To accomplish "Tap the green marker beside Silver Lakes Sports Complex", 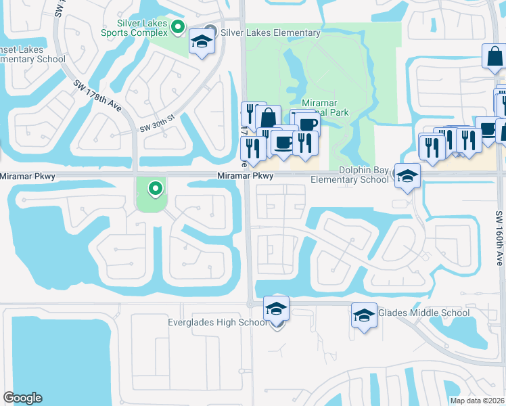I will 178,27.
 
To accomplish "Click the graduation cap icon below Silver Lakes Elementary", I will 201,43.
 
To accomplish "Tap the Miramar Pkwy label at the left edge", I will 28,176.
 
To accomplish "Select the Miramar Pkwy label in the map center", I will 245,176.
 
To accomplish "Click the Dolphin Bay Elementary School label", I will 350,175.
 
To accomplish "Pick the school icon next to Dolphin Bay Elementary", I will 407,177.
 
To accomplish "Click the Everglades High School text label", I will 217,322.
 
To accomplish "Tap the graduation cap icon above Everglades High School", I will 276,309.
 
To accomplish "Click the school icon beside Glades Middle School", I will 364,315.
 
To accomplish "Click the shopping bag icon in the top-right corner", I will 495,57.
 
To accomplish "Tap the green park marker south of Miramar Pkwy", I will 156,189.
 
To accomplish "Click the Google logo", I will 22,398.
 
